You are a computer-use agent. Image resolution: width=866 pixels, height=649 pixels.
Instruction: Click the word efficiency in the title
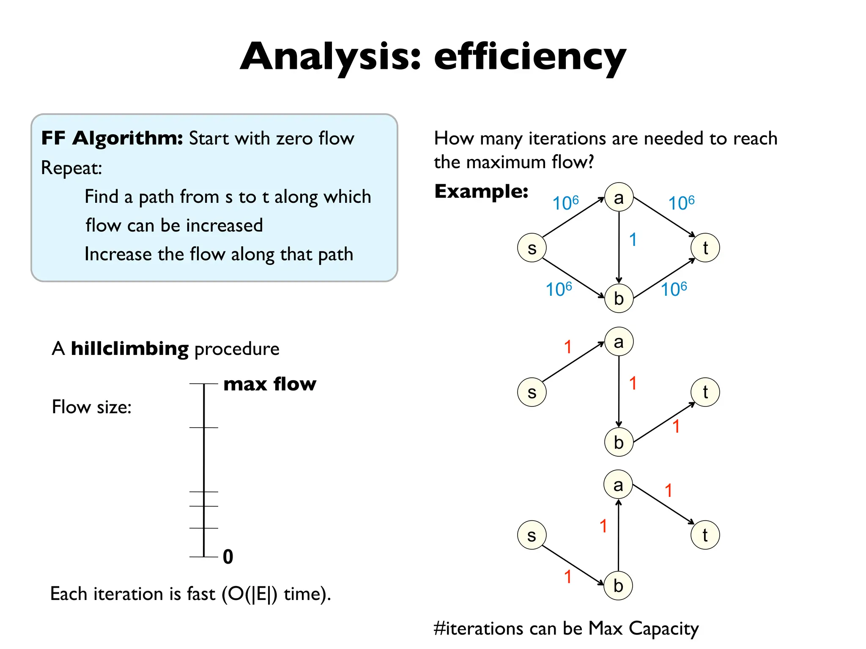(x=529, y=57)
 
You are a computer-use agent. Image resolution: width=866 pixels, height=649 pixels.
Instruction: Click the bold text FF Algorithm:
(x=112, y=138)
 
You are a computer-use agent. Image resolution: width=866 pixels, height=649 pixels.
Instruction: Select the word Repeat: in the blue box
(x=71, y=168)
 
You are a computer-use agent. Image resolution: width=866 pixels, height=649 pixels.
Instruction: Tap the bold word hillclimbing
(x=129, y=349)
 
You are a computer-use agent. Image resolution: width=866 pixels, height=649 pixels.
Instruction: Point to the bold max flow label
(x=269, y=384)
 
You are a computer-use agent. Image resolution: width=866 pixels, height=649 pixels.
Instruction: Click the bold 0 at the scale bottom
(x=228, y=557)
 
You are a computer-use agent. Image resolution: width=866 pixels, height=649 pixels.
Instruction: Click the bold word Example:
(x=481, y=191)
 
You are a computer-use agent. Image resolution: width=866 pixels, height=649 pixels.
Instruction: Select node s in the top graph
(x=532, y=248)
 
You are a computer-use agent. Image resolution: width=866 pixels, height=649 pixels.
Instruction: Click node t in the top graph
(x=705, y=248)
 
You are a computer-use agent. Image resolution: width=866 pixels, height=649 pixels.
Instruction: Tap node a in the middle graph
(x=619, y=342)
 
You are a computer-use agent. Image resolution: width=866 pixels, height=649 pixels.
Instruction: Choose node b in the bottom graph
(x=618, y=586)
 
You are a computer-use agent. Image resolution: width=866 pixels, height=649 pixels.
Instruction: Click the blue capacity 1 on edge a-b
(x=633, y=240)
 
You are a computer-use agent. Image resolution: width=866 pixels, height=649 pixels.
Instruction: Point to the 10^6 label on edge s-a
(x=565, y=203)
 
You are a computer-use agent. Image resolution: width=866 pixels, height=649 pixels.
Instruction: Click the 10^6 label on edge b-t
(x=674, y=289)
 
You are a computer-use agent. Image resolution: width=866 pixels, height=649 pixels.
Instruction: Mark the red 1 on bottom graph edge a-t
(x=668, y=491)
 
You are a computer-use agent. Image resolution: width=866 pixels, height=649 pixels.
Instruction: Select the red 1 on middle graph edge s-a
(x=568, y=347)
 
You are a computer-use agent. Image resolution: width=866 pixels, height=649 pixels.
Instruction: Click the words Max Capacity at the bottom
(x=643, y=629)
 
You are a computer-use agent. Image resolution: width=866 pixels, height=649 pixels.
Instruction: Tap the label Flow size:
(x=91, y=407)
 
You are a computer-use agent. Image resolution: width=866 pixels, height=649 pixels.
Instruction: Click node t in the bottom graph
(x=705, y=535)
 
